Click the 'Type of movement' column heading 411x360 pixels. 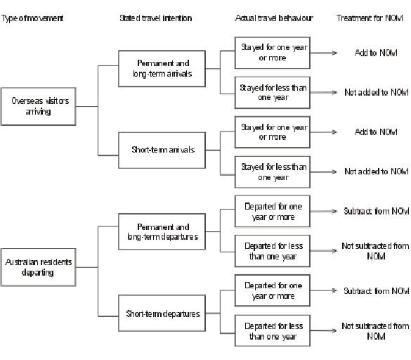tap(32, 17)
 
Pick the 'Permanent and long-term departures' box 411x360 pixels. tap(162, 232)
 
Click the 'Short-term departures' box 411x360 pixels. tap(162, 313)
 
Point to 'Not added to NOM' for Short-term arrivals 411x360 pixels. tap(376, 172)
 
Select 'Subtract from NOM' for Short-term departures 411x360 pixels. tap(376, 290)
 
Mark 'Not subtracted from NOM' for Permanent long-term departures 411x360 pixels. tap(376, 251)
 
